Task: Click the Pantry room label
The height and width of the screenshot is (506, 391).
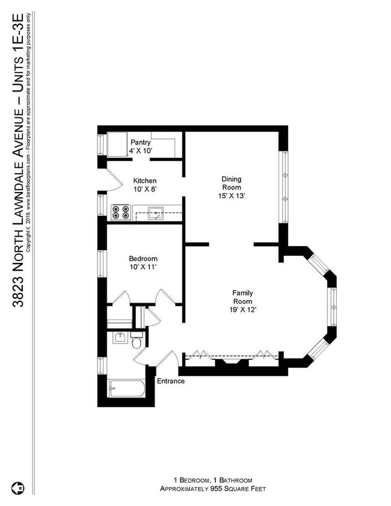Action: click(x=140, y=143)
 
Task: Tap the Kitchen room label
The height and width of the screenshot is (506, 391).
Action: click(x=145, y=180)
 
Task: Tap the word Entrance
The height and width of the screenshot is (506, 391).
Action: click(x=171, y=381)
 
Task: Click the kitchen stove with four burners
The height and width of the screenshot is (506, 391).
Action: click(x=121, y=212)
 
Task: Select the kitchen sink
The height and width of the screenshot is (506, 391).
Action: click(x=158, y=211)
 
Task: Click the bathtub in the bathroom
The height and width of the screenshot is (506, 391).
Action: click(x=126, y=389)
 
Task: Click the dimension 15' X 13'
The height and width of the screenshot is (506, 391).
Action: click(x=232, y=196)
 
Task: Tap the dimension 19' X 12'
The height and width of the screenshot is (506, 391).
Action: click(x=243, y=309)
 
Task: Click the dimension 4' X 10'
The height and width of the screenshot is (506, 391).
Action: click(x=141, y=151)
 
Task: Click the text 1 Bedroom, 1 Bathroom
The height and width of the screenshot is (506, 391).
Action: click(x=213, y=480)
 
